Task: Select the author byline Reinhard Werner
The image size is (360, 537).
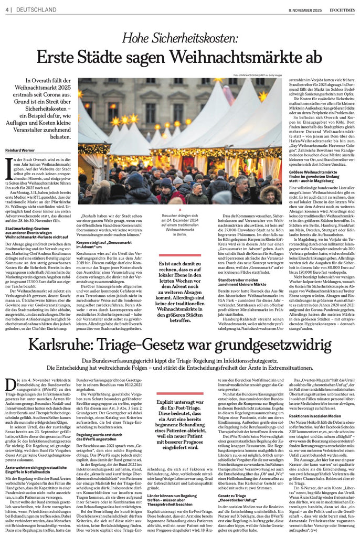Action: coord(19,151)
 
